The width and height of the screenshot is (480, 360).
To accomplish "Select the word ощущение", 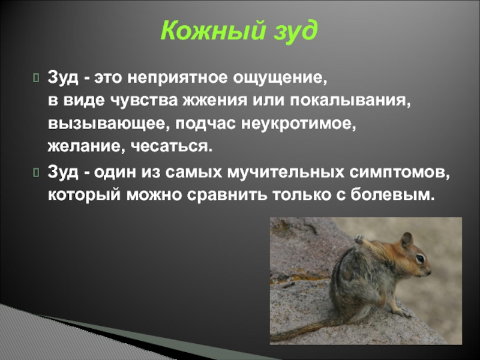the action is point(280,79).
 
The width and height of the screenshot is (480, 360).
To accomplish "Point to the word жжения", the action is point(215,100).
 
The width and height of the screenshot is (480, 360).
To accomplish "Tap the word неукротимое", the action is point(299,124).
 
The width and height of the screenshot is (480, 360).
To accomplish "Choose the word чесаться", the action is point(172,147).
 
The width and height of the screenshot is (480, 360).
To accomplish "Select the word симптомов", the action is point(400,173).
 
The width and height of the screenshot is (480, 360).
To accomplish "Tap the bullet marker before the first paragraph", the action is point(36,78).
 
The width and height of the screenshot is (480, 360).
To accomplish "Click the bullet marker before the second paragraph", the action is point(36,173).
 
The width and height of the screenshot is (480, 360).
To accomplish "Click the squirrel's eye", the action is point(419,258).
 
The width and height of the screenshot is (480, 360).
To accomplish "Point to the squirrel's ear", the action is point(407,239).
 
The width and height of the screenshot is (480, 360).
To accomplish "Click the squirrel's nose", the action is point(429,272).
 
